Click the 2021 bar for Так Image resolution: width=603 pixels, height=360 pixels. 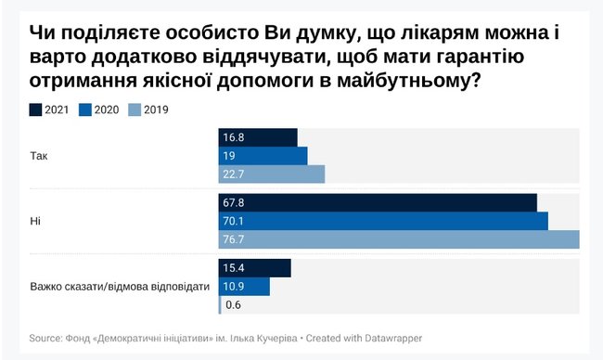point(258,137)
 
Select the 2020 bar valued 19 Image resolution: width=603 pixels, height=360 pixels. point(263,156)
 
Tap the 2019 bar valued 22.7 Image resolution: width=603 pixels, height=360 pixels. point(272,174)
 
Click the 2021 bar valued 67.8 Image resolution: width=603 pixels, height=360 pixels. point(378,202)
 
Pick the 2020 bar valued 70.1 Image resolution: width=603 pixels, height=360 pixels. point(383,221)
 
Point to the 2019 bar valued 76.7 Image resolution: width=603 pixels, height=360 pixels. point(399,239)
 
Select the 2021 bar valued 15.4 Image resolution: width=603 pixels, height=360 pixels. point(255,268)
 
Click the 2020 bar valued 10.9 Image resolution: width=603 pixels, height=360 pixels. point(244,287)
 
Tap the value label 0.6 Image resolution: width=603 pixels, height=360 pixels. point(233,305)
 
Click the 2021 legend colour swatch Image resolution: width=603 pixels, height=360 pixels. point(35,109)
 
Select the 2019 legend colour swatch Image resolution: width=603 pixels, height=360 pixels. point(135,109)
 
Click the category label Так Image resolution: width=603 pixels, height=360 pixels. point(39,156)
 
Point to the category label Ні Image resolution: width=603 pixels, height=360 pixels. point(35,221)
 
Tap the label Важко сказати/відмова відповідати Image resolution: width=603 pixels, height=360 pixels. point(113,287)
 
